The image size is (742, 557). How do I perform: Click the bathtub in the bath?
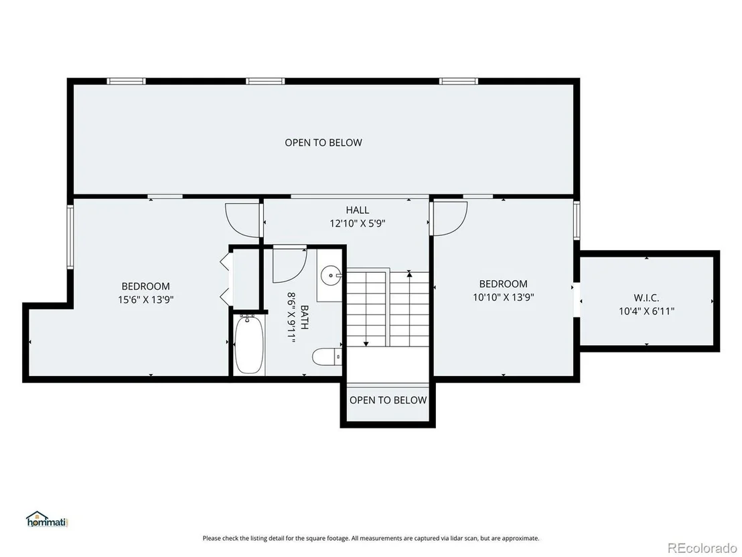(x=249, y=345)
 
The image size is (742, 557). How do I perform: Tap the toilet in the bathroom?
(x=327, y=356)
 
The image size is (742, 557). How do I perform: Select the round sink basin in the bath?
(x=330, y=274)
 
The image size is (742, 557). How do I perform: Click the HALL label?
(x=358, y=210)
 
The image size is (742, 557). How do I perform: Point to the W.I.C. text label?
(x=646, y=298)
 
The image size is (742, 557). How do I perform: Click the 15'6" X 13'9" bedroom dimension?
(x=146, y=300)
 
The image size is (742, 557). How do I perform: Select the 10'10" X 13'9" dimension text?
(x=504, y=298)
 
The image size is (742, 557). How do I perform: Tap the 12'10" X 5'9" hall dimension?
(x=358, y=223)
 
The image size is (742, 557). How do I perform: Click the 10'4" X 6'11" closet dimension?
(x=646, y=311)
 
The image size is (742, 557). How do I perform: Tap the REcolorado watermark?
(x=702, y=548)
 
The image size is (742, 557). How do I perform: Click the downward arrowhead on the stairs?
(x=366, y=343)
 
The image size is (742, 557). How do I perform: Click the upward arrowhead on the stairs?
(x=409, y=273)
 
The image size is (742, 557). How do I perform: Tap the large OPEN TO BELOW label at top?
(x=323, y=143)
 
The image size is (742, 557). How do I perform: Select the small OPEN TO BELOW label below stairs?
(x=388, y=400)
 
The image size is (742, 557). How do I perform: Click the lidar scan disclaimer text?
(x=371, y=538)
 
